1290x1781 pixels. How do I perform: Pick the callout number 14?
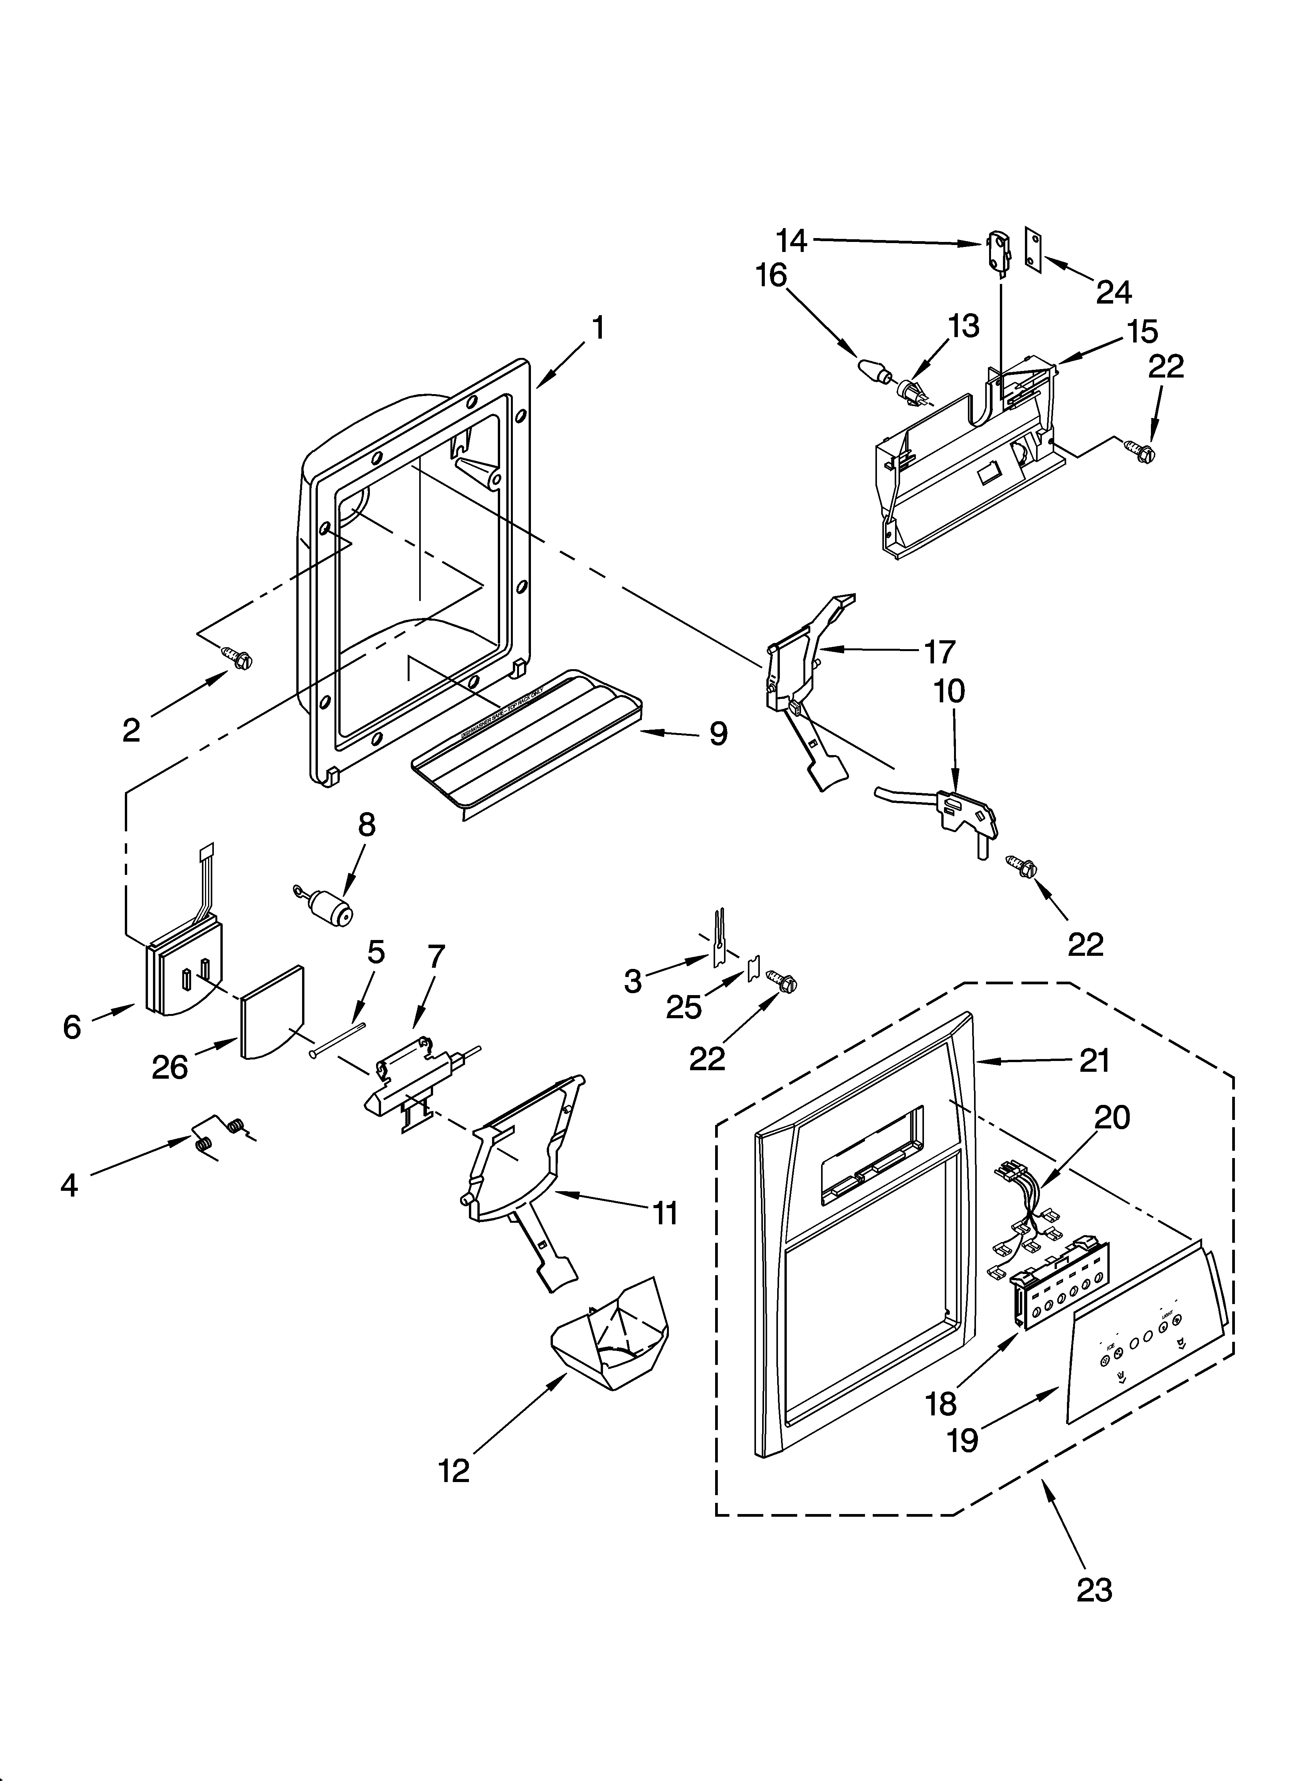click(792, 240)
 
